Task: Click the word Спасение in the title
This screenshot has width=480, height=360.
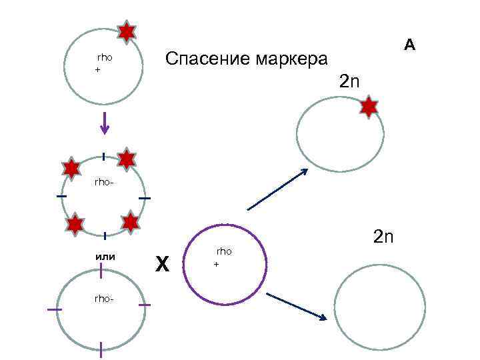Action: (205, 59)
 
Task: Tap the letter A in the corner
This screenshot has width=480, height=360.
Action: (409, 45)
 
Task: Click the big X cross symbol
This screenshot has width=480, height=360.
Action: (162, 264)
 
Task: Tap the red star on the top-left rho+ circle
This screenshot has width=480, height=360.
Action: (126, 31)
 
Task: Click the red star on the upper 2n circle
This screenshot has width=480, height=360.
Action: (368, 107)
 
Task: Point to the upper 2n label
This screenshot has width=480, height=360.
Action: (349, 82)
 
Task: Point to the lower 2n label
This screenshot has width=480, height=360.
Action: (385, 237)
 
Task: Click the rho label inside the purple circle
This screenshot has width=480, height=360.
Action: (224, 251)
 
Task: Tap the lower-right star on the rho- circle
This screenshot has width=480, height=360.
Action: (131, 222)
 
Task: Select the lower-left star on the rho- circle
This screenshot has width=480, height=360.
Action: (75, 225)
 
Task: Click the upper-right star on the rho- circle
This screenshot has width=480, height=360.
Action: (127, 159)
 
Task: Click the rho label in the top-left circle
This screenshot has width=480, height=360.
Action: (105, 58)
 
